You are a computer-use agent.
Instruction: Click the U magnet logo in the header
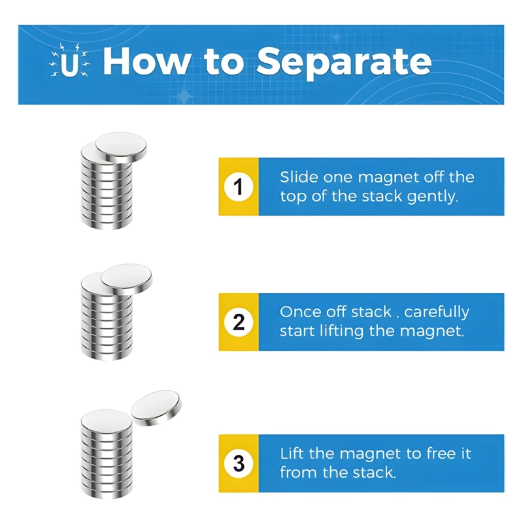tap(69, 60)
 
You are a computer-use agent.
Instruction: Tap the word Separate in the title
tap(344, 63)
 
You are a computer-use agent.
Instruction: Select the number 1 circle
tap(239, 186)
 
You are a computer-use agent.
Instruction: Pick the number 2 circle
tap(239, 322)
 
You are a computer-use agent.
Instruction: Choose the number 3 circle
tap(239, 464)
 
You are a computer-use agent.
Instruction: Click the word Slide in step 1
tap(299, 177)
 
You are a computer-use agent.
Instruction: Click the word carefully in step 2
tap(437, 312)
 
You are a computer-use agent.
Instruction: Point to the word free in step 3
tap(437, 454)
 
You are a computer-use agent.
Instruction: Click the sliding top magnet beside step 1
tap(121, 147)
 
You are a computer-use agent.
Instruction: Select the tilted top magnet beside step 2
tap(127, 279)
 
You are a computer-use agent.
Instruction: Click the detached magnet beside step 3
tap(156, 408)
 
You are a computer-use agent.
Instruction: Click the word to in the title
tap(224, 62)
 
